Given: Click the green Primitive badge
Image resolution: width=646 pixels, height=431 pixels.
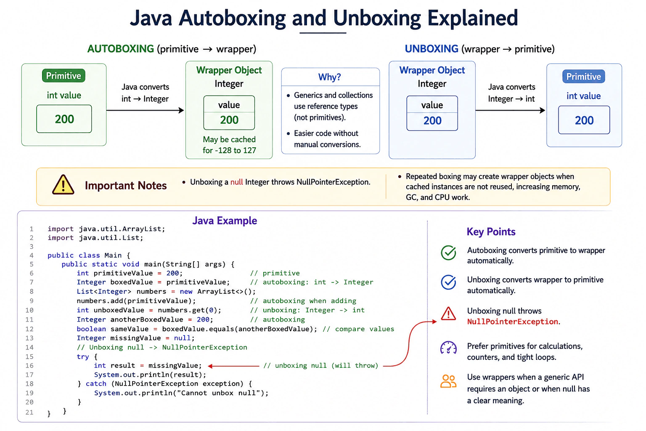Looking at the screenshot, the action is pyautogui.click(x=64, y=76).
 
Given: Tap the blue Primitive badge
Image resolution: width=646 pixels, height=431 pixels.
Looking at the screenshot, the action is pyautogui.click(x=583, y=77).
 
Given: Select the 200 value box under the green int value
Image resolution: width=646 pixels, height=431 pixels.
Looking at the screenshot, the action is pyautogui.click(x=64, y=119).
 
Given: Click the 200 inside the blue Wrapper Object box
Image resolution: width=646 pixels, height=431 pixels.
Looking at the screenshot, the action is pyautogui.click(x=432, y=120).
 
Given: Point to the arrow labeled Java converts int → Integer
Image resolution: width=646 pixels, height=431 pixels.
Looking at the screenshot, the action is pyautogui.click(x=145, y=110).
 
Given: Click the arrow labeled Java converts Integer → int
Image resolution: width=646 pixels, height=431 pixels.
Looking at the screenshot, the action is pyautogui.click(x=510, y=110).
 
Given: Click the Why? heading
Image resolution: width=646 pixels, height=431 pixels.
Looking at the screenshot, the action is pyautogui.click(x=330, y=77).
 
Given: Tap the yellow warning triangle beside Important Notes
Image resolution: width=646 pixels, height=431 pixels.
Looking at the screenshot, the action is pyautogui.click(x=63, y=185).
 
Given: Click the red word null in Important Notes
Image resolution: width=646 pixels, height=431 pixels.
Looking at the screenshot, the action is pyautogui.click(x=236, y=182).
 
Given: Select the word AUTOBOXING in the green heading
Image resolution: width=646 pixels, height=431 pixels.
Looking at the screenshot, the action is pyautogui.click(x=121, y=49).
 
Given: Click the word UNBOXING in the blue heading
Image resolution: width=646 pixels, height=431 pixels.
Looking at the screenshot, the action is pyautogui.click(x=432, y=49).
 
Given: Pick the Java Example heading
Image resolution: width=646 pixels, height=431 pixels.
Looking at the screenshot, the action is pyautogui.click(x=225, y=221).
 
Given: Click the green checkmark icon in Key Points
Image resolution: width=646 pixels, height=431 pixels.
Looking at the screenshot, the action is pyautogui.click(x=448, y=253).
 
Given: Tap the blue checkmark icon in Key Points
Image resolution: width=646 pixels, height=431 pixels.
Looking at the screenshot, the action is pyautogui.click(x=448, y=282).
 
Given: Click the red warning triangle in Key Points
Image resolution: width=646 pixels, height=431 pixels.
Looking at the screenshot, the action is pyautogui.click(x=448, y=314).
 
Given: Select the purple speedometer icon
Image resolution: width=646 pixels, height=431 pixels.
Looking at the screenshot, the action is pyautogui.click(x=448, y=348).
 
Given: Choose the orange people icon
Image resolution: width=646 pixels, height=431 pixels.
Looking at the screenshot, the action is pyautogui.click(x=448, y=381).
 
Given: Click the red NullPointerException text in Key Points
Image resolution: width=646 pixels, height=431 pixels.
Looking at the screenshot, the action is pyautogui.click(x=513, y=322).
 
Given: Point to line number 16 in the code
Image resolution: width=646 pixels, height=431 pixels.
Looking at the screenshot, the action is pyautogui.click(x=29, y=365).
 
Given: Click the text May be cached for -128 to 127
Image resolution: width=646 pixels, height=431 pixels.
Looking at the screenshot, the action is pyautogui.click(x=229, y=145).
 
